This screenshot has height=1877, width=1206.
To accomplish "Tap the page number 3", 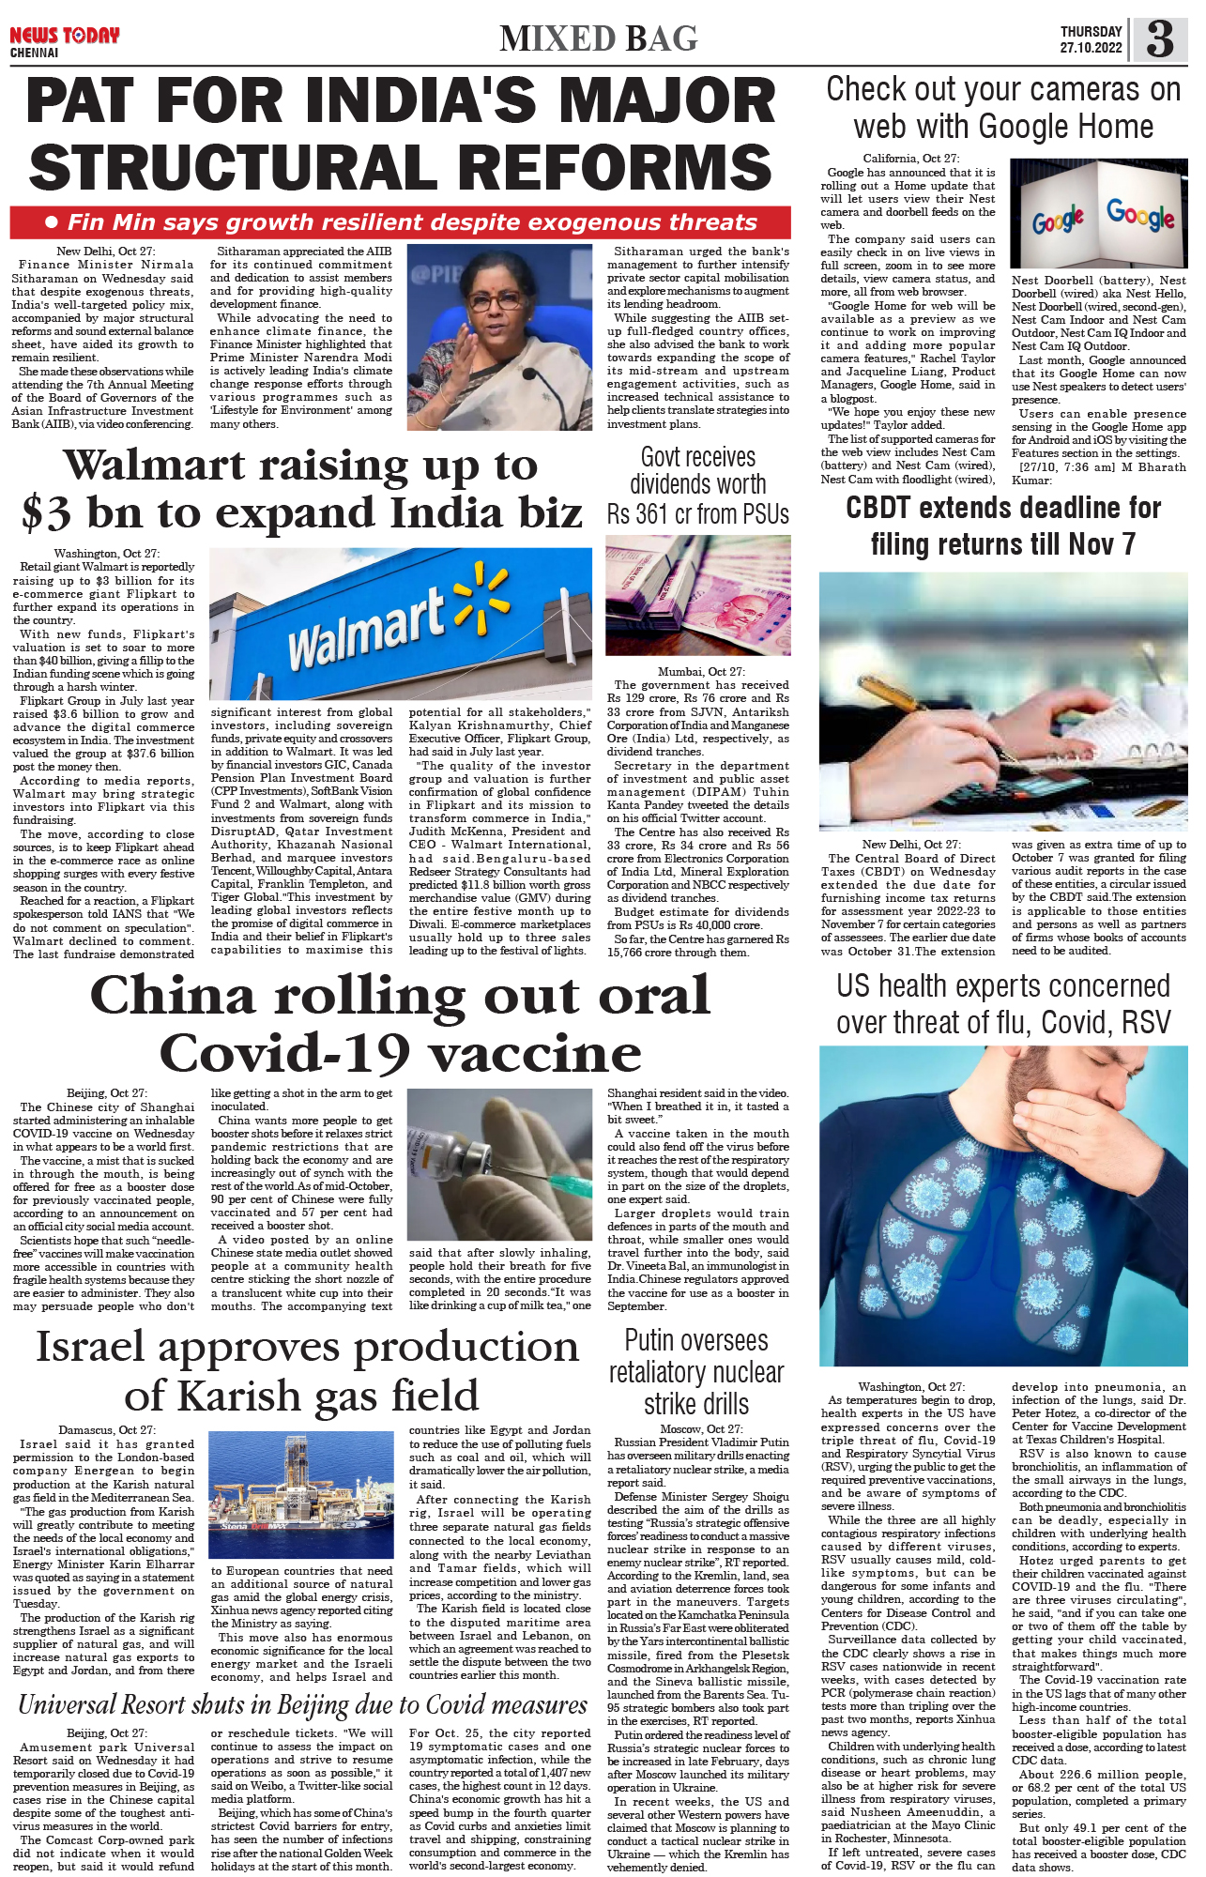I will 1160,39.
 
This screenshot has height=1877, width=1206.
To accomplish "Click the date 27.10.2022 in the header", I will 1091,48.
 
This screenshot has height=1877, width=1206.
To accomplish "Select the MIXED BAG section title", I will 599,38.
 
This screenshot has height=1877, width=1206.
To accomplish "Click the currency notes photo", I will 698,595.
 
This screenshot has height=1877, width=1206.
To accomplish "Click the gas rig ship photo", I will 301,1497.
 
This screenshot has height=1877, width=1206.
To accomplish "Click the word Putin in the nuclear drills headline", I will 656,1340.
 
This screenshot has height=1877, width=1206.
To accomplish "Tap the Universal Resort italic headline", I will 302,1705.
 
